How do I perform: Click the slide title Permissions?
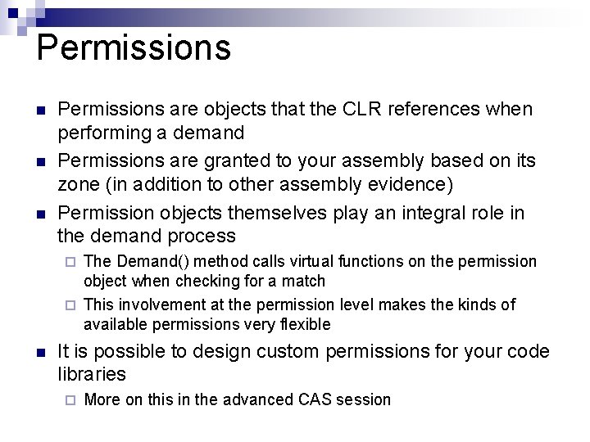[x=134, y=47]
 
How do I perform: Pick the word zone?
[x=80, y=184]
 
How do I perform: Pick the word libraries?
[x=92, y=375]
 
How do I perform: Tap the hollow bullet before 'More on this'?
[x=70, y=400]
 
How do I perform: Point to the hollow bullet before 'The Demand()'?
[x=70, y=262]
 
